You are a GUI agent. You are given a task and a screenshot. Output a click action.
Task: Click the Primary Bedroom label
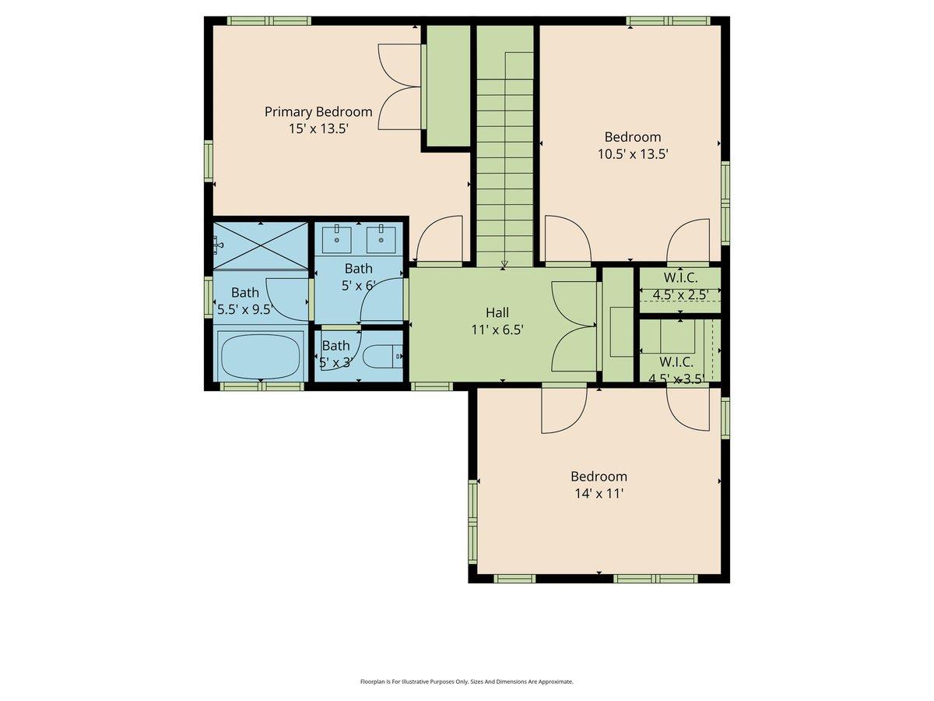pos(318,111)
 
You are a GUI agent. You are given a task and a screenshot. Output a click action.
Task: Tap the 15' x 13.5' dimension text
pos(318,129)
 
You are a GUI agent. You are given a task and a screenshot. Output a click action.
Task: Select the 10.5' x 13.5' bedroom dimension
pos(632,154)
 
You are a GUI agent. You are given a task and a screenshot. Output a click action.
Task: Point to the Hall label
pos(497,312)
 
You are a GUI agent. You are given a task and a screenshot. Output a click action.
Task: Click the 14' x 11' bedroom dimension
pos(599,494)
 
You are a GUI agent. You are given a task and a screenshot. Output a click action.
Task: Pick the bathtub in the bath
pos(261,355)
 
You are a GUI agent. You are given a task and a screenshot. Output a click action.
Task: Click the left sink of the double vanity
pos(337,235)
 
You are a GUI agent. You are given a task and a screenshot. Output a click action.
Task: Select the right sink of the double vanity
pos(381,235)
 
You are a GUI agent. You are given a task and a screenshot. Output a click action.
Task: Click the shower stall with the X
pos(261,245)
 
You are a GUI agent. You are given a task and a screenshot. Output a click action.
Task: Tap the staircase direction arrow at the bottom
pos(504,264)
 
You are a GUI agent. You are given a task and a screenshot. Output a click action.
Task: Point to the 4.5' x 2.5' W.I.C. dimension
pos(679,294)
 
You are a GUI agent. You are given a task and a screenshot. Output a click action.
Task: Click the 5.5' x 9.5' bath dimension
pos(244,309)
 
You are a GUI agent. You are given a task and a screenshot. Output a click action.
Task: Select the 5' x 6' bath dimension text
pos(359,286)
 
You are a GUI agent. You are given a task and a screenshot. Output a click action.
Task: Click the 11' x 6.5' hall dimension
pos(497,329)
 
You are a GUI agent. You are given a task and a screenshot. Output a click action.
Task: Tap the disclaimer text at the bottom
pos(466,682)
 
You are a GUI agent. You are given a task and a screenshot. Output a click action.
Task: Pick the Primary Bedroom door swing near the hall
pos(440,240)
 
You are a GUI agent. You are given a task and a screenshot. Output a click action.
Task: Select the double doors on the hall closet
pos(574,326)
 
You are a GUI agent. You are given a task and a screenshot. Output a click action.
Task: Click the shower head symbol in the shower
pos(218,245)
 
